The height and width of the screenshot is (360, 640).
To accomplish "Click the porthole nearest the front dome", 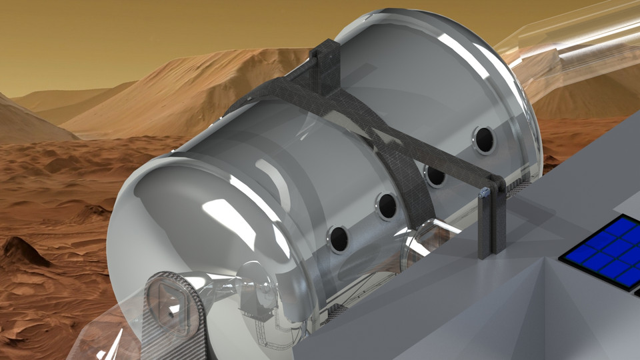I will coord(338,239).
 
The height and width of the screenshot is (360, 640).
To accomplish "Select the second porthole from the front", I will coord(385,206).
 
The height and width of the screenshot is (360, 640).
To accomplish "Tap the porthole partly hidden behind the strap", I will coord(435,175).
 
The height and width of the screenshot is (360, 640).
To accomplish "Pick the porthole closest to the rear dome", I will coord(483,139).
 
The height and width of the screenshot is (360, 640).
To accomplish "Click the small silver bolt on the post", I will coord(485,193).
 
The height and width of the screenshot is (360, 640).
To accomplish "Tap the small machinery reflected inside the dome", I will coord(257,297).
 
